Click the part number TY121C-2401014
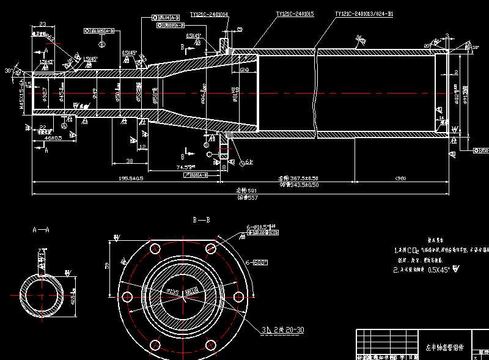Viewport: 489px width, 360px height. (x=209, y=13)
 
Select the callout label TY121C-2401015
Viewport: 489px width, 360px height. (x=295, y=13)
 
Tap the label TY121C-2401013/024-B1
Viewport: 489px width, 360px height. (x=364, y=13)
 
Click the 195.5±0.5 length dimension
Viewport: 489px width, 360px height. (x=131, y=178)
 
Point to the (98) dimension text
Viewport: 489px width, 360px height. (x=400, y=178)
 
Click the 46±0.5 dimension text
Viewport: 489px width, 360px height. (x=53, y=139)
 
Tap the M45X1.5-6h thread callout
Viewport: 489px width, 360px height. (x=21, y=94)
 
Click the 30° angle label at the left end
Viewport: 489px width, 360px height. (x=8, y=71)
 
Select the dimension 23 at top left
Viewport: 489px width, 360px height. (x=43, y=24)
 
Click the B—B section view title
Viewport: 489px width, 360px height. (x=202, y=219)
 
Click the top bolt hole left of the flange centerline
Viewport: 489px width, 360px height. (x=155, y=248)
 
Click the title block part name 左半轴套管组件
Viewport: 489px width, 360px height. (x=444, y=347)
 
